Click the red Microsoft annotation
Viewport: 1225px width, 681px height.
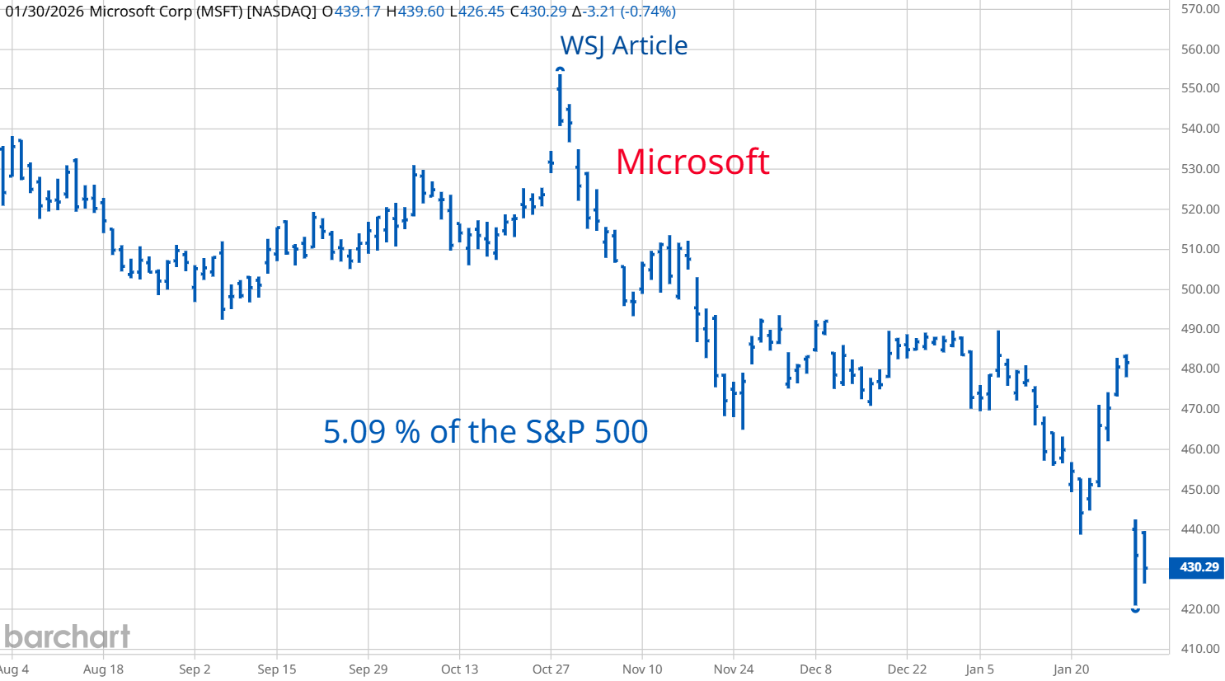[692, 162]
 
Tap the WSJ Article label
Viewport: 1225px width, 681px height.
[623, 45]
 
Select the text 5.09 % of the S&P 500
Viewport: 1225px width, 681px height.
[485, 431]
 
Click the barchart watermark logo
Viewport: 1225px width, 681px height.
[67, 636]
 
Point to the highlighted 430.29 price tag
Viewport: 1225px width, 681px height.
[1198, 567]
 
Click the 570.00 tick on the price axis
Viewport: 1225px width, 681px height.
[1199, 9]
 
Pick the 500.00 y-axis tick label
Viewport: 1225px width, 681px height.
[1199, 289]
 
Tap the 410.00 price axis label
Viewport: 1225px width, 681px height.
[1199, 649]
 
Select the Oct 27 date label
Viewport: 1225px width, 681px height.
[551, 669]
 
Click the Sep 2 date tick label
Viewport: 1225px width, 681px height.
[195, 669]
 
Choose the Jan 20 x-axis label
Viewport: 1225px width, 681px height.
[1071, 669]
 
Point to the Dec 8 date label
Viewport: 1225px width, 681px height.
[815, 669]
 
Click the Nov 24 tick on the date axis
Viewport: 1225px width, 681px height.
[734, 669]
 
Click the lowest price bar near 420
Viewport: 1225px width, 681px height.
[1135, 569]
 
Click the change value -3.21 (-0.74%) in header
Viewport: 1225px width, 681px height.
[630, 12]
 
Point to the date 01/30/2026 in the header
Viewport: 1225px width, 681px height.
[45, 12]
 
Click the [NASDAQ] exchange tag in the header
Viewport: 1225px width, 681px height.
[281, 12]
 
